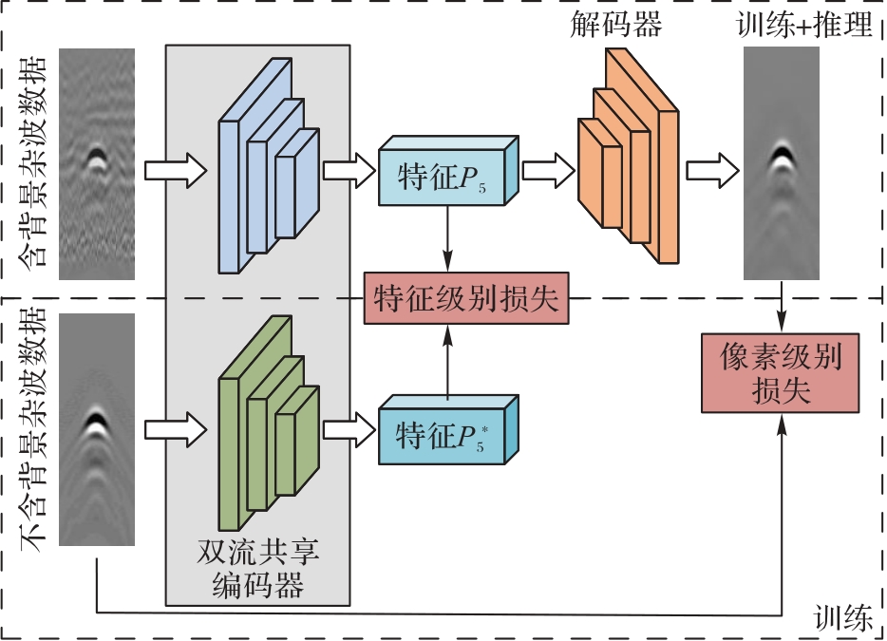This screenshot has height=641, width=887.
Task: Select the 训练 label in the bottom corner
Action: (843, 620)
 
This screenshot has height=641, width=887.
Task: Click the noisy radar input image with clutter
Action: (97, 163)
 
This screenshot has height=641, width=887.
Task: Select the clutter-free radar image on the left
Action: (97, 429)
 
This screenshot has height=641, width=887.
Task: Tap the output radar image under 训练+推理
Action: (782, 163)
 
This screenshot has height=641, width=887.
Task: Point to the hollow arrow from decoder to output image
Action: (712, 171)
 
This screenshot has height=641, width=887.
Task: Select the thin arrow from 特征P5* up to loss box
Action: (446, 361)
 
